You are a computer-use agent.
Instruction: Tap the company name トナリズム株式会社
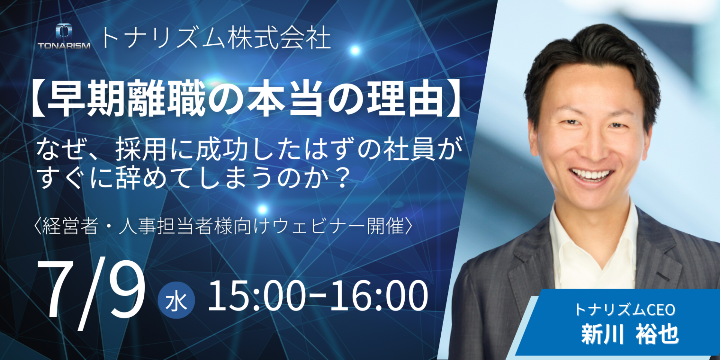click(x=216, y=38)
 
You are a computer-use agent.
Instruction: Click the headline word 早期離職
click(x=126, y=98)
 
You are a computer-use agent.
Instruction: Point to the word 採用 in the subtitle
click(x=141, y=149)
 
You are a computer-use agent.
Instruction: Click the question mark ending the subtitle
click(x=341, y=177)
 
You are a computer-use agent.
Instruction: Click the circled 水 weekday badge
click(x=176, y=300)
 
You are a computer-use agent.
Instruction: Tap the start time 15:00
click(x=257, y=296)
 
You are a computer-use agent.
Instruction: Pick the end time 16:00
click(x=379, y=296)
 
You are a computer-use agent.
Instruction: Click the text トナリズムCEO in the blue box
click(x=625, y=310)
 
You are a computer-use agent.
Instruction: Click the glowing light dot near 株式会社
click(x=355, y=50)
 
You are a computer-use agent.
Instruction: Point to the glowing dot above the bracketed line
click(x=262, y=209)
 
